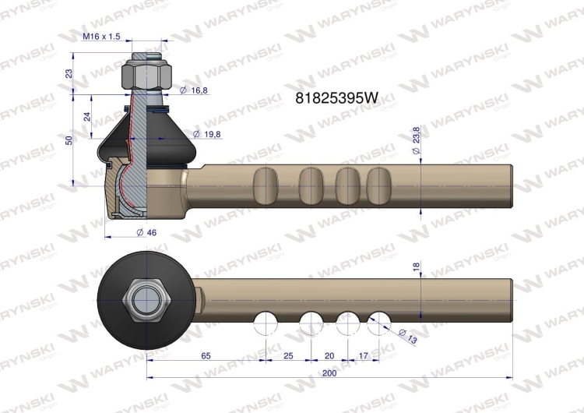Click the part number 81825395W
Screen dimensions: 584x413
point(336,98)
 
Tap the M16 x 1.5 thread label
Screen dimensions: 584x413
point(101,36)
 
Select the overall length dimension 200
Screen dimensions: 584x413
point(329,373)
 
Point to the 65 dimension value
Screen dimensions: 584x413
point(206,355)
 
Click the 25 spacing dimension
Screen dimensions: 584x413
point(288,355)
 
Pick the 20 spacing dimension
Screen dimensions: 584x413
point(329,355)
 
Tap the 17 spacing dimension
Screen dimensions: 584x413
point(363,355)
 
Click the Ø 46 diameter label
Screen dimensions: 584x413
point(146,232)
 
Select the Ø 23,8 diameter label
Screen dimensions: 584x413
point(416,140)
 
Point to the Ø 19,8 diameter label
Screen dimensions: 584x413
point(206,134)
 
